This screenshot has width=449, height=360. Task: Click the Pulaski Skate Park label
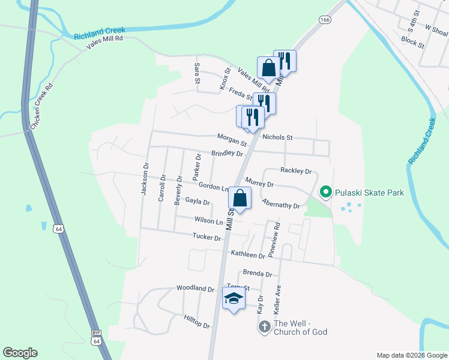coord(369,193)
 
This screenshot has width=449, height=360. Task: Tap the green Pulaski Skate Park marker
coord(326,193)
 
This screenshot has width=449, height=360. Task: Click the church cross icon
coord(264,327)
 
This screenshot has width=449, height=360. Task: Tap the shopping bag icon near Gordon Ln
coord(240,198)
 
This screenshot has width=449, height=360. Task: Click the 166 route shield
coord(325,20)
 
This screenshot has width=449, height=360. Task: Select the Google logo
coord(20,353)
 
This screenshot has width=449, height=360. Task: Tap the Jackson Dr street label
coord(144,179)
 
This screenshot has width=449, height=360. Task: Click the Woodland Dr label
coord(195,289)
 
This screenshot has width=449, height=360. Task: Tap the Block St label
coord(412,43)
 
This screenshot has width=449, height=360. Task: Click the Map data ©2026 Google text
coord(411,355)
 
